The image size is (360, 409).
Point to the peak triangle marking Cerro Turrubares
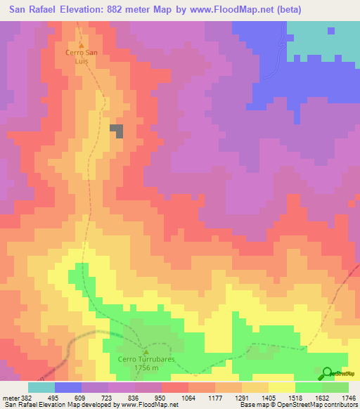click(146, 351)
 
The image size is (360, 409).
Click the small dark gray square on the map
click(117, 131)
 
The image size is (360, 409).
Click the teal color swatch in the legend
click(41, 387)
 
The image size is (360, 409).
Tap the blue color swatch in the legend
click(68, 387)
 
